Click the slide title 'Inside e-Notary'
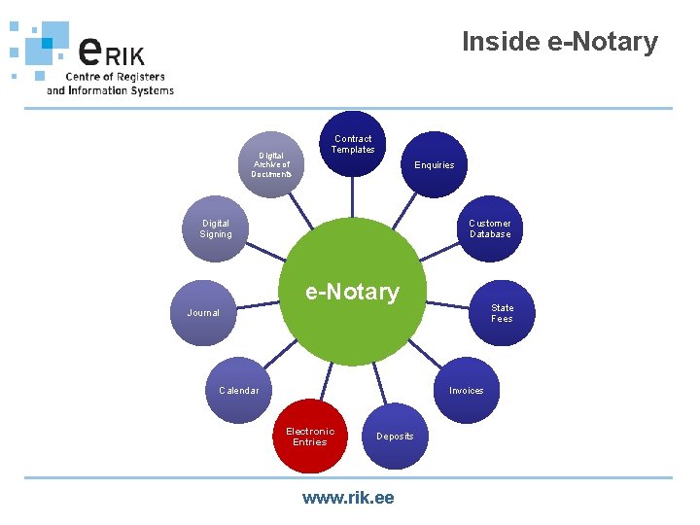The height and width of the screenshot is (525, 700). click(559, 42)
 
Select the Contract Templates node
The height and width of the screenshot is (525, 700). click(352, 145)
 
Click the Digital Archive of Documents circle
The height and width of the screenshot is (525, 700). click(271, 163)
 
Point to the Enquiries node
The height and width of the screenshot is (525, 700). click(434, 164)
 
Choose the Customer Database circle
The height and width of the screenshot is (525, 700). click(490, 228)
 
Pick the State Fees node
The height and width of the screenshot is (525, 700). click(502, 313)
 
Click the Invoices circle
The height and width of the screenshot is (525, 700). click(466, 390)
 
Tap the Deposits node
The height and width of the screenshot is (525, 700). click(395, 436)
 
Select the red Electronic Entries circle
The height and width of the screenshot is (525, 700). click(309, 436)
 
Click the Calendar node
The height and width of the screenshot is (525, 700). click(239, 390)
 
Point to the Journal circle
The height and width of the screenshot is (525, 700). click(204, 312)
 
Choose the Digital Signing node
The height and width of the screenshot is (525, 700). click(216, 228)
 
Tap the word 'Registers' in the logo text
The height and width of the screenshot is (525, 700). click(142, 77)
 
